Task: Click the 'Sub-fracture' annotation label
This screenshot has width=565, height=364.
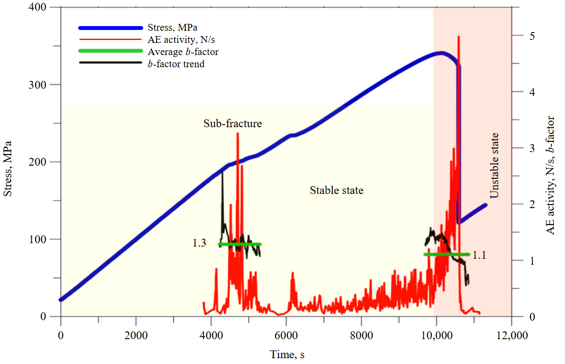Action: [x=232, y=123]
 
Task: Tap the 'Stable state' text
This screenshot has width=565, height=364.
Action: [x=336, y=190]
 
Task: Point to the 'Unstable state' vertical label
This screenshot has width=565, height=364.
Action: [x=494, y=165]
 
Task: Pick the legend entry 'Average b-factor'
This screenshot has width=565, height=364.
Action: [x=182, y=51]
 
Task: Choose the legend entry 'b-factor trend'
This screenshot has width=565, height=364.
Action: [x=176, y=63]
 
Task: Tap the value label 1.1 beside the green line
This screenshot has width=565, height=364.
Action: [x=480, y=254]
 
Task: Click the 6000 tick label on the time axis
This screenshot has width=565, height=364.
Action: [x=286, y=336]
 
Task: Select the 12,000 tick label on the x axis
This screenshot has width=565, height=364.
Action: [x=511, y=336]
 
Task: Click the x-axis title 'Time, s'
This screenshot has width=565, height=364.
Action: [x=288, y=355]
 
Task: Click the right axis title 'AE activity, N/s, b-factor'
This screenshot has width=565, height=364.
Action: [x=551, y=175]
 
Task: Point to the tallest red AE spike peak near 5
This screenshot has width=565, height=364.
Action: [x=459, y=37]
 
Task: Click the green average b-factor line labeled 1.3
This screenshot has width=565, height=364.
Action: [x=240, y=244]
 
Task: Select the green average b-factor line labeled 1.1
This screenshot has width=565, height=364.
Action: [x=446, y=254]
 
